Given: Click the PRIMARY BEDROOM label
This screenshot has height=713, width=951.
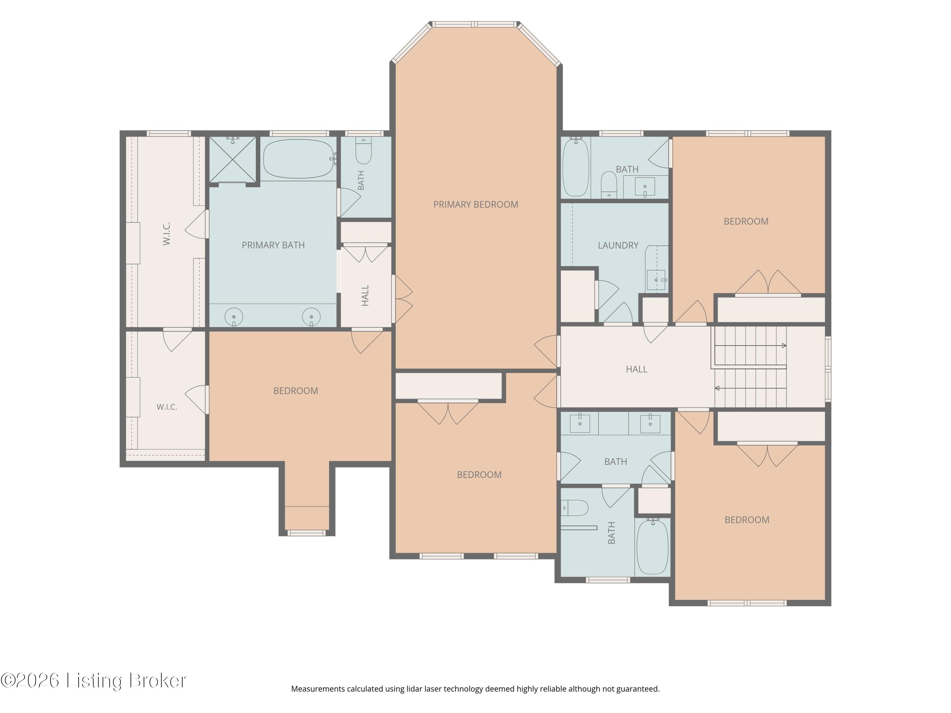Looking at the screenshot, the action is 475,205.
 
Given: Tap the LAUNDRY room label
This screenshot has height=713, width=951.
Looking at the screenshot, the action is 618,245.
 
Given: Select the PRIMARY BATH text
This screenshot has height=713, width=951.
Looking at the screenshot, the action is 273,245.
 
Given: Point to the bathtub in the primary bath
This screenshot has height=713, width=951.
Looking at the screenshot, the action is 298,158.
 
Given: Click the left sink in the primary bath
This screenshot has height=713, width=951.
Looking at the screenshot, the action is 234,317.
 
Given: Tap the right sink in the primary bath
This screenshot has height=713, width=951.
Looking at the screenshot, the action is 311,317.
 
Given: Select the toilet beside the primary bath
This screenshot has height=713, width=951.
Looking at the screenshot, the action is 364,151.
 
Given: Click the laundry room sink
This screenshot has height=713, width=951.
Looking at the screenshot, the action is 656,280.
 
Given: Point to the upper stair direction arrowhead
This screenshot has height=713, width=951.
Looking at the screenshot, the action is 784,345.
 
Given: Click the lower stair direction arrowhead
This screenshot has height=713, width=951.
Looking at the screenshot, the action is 717,389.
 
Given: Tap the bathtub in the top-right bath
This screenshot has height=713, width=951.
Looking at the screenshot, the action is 576,167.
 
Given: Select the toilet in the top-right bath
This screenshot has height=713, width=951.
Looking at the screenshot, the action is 608,185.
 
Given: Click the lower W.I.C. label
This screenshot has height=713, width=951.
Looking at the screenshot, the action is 167,407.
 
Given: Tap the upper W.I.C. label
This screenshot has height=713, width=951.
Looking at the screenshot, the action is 167,234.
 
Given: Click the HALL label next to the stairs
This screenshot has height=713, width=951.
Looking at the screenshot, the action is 636,369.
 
